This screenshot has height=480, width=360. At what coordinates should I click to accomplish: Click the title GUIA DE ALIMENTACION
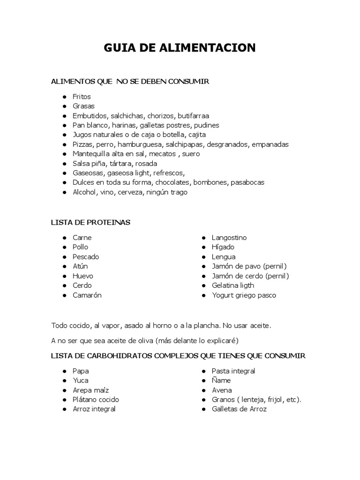(x=180, y=48)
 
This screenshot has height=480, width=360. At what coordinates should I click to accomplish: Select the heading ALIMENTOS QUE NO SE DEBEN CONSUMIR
(x=129, y=82)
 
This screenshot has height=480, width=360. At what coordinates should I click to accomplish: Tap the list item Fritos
(x=82, y=97)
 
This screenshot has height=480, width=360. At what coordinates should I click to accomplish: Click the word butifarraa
(x=193, y=116)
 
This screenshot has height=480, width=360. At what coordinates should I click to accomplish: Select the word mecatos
(x=162, y=154)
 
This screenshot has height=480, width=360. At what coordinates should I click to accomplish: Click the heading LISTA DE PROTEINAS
(x=90, y=222)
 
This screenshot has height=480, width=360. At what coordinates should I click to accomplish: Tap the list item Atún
(x=80, y=266)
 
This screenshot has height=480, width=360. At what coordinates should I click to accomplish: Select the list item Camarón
(x=87, y=295)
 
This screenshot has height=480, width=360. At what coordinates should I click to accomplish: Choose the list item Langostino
(x=229, y=238)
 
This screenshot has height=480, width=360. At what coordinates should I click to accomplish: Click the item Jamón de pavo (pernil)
(x=249, y=266)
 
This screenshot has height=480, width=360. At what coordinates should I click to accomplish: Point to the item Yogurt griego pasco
(x=244, y=295)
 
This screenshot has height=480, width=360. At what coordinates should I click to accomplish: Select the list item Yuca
(x=80, y=381)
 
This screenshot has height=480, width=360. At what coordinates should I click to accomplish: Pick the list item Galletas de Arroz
(x=239, y=409)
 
